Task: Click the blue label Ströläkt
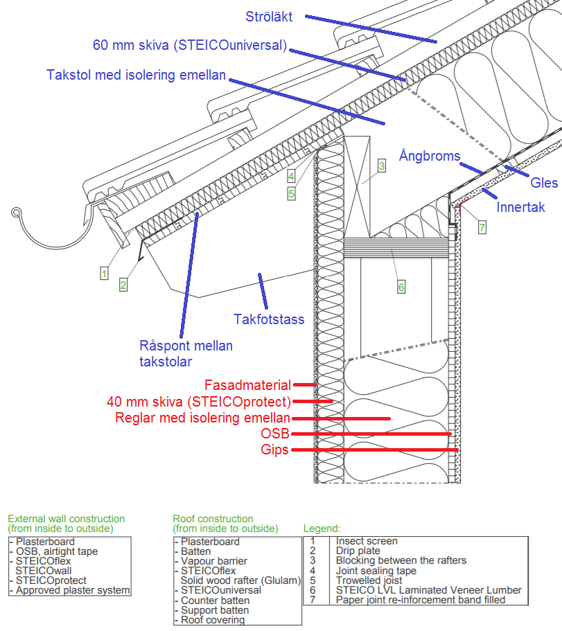click(x=269, y=17)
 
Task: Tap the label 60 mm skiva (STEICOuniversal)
click(x=190, y=44)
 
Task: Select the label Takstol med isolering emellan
click(x=136, y=75)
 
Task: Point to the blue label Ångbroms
click(x=430, y=155)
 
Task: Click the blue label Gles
click(x=544, y=183)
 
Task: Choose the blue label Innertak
click(x=520, y=207)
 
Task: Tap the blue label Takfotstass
click(x=269, y=319)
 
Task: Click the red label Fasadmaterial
click(x=247, y=385)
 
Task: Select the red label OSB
click(x=275, y=434)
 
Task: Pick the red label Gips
click(x=274, y=450)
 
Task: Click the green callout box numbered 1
click(x=104, y=274)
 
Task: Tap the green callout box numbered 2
click(x=123, y=285)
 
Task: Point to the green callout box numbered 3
click(x=382, y=166)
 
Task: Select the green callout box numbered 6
click(x=401, y=287)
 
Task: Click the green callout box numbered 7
click(x=482, y=227)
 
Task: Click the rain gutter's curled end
click(x=16, y=212)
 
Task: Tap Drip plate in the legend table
click(x=358, y=551)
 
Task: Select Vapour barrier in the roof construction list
click(x=213, y=561)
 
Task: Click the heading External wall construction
click(x=67, y=519)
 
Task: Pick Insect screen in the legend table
click(x=367, y=541)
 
